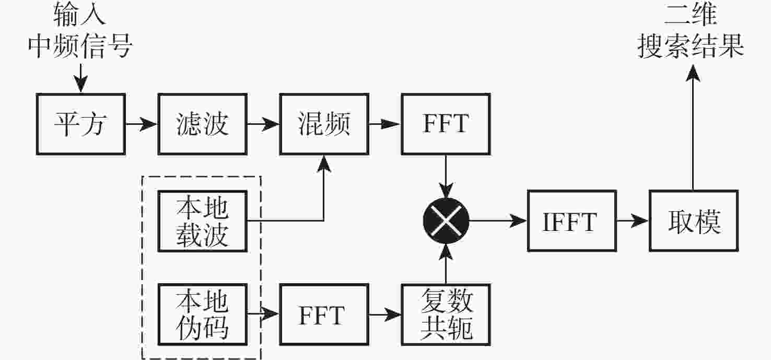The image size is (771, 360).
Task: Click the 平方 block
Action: pos(81,124)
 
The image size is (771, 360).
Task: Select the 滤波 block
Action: pos(202,124)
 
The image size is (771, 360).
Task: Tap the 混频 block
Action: pos(324,124)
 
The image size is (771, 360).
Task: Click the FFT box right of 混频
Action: pos(446,124)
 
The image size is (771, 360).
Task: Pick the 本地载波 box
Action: pos(202,221)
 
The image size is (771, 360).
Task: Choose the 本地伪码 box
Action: pos(202,315)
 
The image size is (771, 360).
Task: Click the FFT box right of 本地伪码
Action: pos(324,315)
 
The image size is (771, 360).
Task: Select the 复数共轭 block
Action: pos(446,315)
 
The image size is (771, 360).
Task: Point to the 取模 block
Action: pos(694,221)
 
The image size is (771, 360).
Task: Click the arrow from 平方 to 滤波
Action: pos(142,124)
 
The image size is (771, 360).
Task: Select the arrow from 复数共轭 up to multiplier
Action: pos(446,263)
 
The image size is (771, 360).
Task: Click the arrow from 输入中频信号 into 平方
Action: pos(79,78)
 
